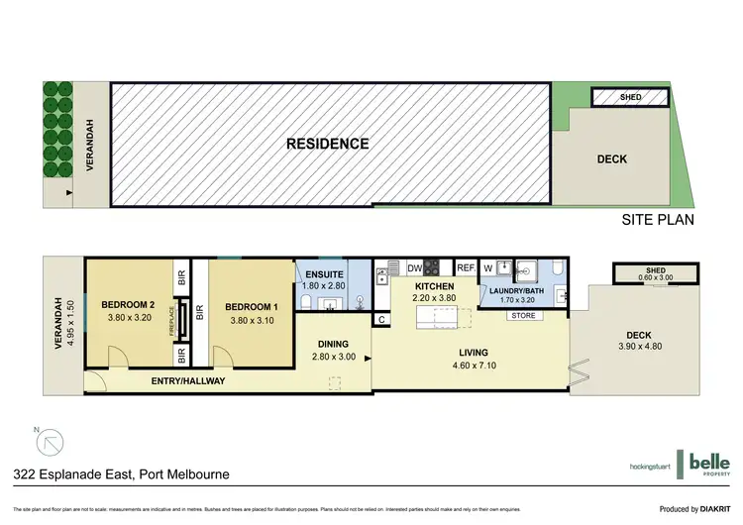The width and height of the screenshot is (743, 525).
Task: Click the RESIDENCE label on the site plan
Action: click(327, 144)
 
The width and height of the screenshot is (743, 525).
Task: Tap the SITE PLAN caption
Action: click(659, 220)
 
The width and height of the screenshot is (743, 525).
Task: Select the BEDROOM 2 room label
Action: click(128, 304)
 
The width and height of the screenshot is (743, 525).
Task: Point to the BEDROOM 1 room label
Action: click(251, 307)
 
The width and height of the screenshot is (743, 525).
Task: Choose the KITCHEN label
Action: click(434, 286)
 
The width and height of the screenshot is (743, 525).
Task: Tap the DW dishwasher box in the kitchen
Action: click(414, 267)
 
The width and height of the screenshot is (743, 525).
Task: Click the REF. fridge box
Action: click(466, 267)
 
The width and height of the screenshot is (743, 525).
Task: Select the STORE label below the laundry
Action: click(523, 316)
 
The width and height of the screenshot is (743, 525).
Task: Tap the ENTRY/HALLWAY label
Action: click(188, 380)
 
